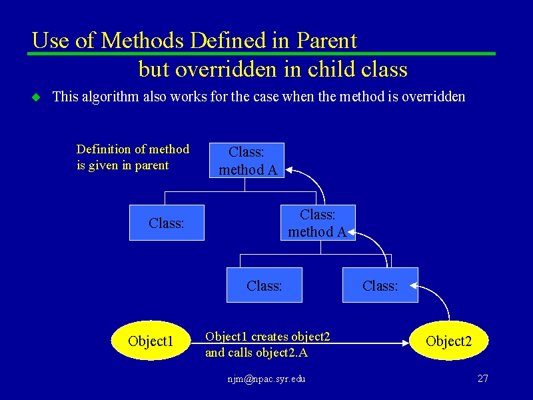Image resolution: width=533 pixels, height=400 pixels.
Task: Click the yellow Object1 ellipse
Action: pos(151,341)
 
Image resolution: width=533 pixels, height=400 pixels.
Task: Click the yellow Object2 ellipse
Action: pos(448,341)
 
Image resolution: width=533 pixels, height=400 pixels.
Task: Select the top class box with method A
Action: pos(247,161)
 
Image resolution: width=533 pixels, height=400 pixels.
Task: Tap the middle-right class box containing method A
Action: pos(318,223)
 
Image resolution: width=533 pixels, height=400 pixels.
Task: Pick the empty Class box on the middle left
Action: pos(167,223)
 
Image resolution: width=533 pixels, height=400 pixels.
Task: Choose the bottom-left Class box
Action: pos(265,285)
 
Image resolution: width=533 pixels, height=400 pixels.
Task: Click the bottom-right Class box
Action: pos(380,285)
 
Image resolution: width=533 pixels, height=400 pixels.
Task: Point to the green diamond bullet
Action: pos(36,97)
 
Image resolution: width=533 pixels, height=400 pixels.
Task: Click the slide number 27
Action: pos(482,379)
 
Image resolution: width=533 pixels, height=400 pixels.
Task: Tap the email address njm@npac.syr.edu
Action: pos(266,379)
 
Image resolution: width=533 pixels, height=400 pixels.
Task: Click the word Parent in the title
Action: pos(326,40)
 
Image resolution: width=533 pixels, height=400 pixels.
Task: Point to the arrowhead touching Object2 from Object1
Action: pos(406,343)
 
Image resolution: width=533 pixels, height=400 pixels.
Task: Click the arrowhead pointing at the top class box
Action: pos(289,170)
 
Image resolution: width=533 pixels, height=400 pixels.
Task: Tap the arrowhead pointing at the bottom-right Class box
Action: pos(414,286)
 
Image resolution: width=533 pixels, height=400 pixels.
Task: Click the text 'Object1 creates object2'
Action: pos(268,337)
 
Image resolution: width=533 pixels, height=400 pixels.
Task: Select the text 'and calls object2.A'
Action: pos(257,353)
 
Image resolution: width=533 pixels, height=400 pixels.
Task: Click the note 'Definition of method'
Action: pos(133,149)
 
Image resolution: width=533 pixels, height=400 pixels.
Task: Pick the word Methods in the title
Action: pos(143,40)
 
